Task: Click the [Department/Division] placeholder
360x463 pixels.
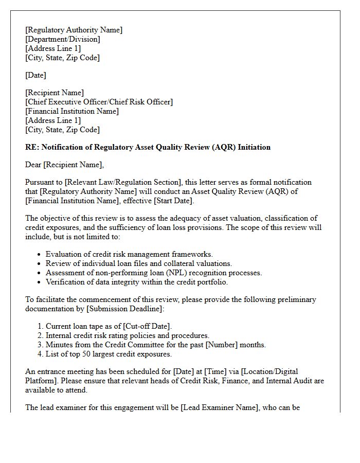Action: [x=63, y=39]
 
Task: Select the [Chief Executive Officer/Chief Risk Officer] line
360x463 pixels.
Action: [x=99, y=102]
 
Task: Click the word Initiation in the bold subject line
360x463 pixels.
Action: [x=251, y=147]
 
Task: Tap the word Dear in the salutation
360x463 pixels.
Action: [x=34, y=165]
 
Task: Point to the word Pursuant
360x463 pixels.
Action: [x=40, y=182]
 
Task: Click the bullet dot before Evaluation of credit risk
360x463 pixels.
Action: [x=40, y=255]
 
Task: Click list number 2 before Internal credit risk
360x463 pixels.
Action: [x=40, y=335]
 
